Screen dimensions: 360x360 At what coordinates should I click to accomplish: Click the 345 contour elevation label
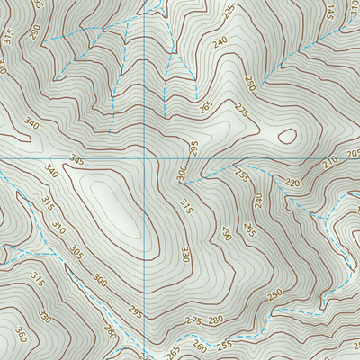pyautogui.click(x=76, y=160)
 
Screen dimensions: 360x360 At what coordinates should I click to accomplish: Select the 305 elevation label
pyautogui.click(x=76, y=252)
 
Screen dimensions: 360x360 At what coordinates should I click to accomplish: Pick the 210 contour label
pyautogui.click(x=330, y=161)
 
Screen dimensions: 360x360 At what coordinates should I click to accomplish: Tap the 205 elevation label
pyautogui.click(x=353, y=154)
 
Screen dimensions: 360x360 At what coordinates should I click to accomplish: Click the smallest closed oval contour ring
pyautogui.click(x=287, y=137)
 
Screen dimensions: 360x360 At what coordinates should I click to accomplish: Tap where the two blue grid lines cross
pyautogui.click(x=146, y=158)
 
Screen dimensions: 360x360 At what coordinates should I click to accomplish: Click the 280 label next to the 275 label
pyautogui.click(x=216, y=319)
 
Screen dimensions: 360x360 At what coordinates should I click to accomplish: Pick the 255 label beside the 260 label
pyautogui.click(x=224, y=343)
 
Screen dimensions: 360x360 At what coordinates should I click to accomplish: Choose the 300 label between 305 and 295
pyautogui.click(x=99, y=283)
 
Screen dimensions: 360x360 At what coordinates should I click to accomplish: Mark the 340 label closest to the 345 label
pyautogui.click(x=50, y=171)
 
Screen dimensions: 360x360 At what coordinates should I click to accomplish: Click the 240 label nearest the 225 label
pyautogui.click(x=220, y=41)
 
